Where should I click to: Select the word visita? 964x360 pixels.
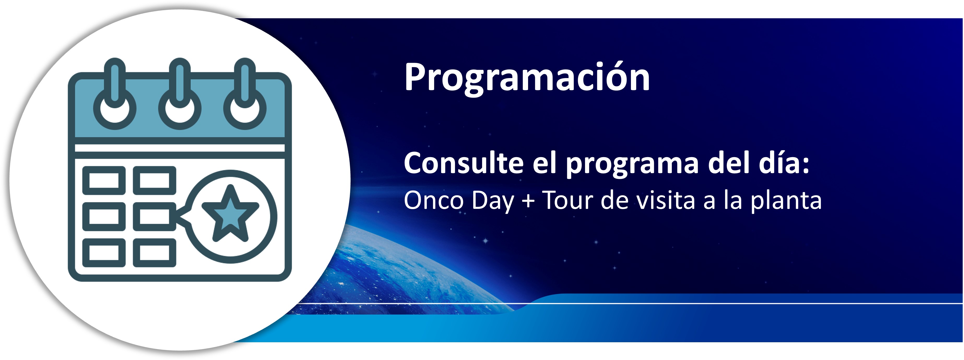coord(666,200)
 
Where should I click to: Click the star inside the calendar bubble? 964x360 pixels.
coord(230,213)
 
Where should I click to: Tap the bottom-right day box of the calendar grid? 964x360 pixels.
coord(155,253)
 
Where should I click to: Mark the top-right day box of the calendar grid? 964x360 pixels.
coord(155,180)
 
